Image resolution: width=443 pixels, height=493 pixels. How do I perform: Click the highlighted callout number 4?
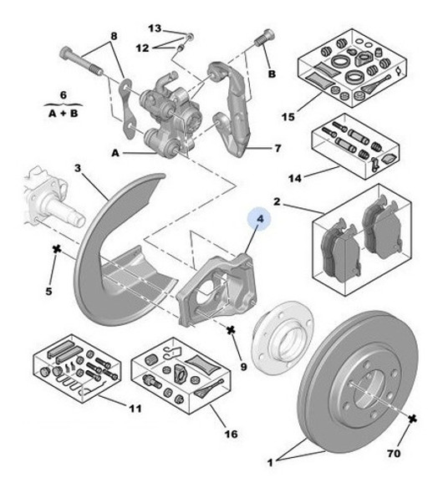(x=260, y=221)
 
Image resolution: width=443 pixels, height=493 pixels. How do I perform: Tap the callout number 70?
(x=394, y=454)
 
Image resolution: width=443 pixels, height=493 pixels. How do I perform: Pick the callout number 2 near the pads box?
(x=277, y=201)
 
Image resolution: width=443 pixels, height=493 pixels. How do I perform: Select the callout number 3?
(x=78, y=169)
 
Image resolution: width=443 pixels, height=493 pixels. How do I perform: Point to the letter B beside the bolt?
(x=271, y=74)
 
